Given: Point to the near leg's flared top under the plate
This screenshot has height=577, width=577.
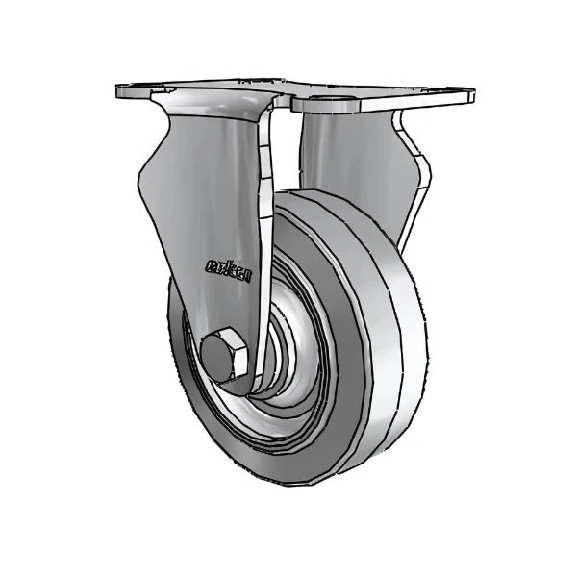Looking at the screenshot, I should [212, 111].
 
